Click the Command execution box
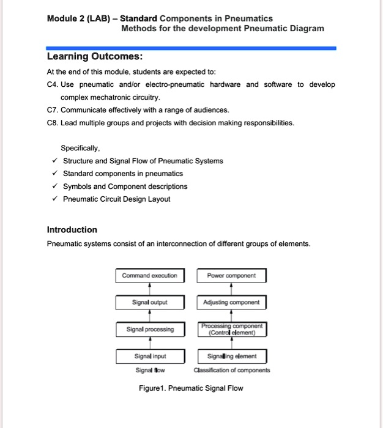tap(149, 276)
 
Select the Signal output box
tap(149, 302)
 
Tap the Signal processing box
tap(149, 330)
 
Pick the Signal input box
tap(149, 356)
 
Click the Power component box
tap(231, 276)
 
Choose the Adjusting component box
tap(231, 302)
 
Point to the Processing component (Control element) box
tap(231, 330)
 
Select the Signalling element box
tap(231, 356)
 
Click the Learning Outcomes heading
tap(95, 57)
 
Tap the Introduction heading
tap(72, 230)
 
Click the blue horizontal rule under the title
tap(191, 48)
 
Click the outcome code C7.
tap(52, 110)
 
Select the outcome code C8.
tap(52, 123)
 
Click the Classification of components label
tap(231, 370)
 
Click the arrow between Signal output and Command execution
tap(150, 289)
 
